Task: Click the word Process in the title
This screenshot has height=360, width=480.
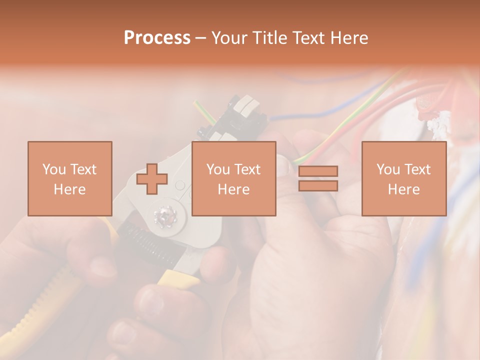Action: click(157, 38)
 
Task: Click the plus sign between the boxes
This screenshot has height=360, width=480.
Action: click(152, 179)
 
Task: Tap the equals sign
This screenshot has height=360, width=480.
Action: click(318, 178)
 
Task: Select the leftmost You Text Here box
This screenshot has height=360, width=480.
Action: click(70, 178)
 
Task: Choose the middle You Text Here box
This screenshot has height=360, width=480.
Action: click(233, 178)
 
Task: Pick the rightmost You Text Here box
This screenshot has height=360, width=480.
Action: click(404, 178)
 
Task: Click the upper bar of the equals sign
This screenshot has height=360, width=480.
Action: click(318, 171)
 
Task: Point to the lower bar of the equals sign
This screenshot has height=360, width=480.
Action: click(318, 186)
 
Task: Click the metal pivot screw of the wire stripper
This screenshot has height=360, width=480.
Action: click(164, 216)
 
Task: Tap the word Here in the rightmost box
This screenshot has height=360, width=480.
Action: click(404, 189)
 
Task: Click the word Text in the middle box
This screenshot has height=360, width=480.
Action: click(247, 169)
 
